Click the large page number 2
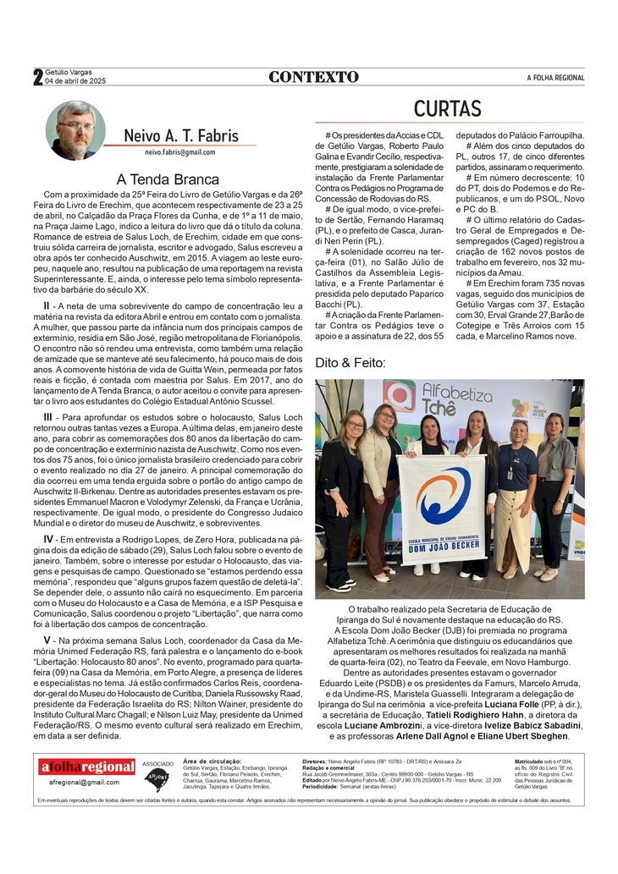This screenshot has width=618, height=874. (38, 77)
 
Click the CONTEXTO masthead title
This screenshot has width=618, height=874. (313, 77)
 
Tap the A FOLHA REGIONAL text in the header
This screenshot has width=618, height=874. (555, 78)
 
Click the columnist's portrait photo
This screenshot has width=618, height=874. (75, 130)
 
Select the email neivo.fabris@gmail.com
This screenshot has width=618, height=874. (179, 152)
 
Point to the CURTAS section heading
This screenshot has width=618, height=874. (447, 108)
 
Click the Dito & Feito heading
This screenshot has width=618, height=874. (350, 363)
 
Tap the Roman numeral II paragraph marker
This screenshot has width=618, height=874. (48, 305)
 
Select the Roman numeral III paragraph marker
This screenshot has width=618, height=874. (49, 417)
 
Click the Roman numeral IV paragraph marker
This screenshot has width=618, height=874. (49, 539)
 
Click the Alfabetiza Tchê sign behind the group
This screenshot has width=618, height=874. (457, 396)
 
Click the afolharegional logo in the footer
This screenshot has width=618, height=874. (87, 767)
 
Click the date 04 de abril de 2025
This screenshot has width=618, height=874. (75, 81)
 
